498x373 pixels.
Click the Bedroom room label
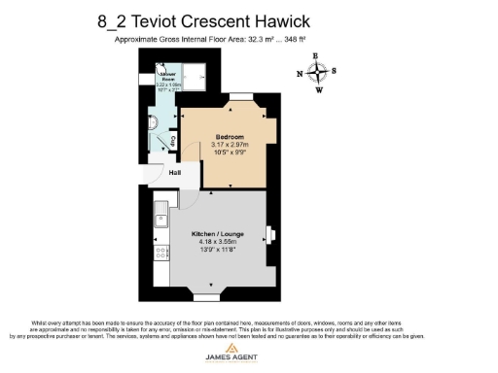click(229, 137)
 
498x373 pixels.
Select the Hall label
click(175, 174)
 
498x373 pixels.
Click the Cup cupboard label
click(173, 142)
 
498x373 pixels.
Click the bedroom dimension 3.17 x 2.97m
click(229, 146)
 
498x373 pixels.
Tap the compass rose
click(318, 73)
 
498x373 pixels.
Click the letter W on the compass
click(318, 90)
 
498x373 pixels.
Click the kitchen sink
click(160, 215)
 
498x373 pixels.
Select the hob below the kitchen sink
click(160, 254)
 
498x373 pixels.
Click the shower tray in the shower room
click(196, 75)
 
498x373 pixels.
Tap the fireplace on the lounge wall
click(271, 236)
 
